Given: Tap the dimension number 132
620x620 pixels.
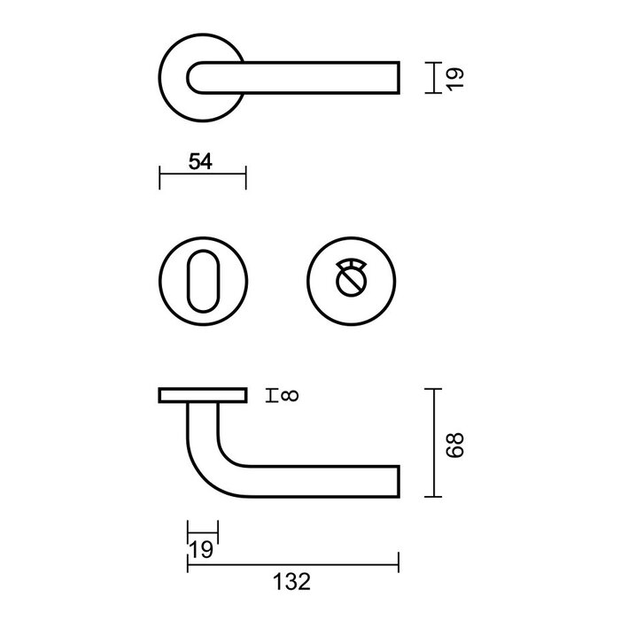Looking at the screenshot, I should click(291, 581).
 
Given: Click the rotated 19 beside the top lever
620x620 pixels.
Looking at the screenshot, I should click(455, 77).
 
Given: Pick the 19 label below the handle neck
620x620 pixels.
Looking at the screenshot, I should click(201, 550).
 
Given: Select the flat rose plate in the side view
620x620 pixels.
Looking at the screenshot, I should click(202, 395).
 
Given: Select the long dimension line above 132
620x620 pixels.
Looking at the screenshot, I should click(292, 562).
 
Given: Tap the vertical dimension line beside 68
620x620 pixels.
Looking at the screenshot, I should click(432, 442).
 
